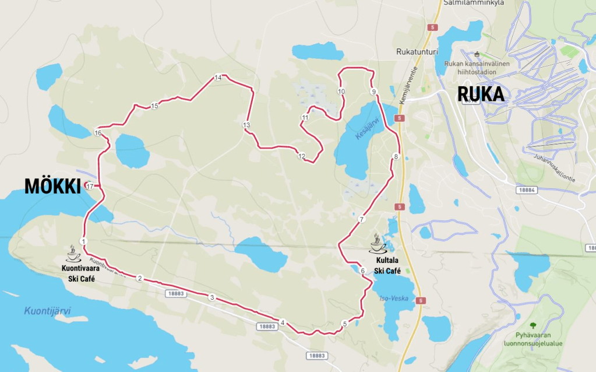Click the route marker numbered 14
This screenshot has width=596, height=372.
click(x=218, y=77)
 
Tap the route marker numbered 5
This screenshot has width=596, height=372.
click(x=344, y=324)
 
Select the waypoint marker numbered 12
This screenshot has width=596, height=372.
click(x=301, y=156)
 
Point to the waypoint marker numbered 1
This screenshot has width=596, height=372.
click(x=84, y=241)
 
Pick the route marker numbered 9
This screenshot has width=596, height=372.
click(x=373, y=92)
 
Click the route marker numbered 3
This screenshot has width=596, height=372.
click(x=212, y=297)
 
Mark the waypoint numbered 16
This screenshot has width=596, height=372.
click(x=97, y=133)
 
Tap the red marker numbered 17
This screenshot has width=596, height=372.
click(x=89, y=185)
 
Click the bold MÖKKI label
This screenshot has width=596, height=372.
click(x=52, y=186)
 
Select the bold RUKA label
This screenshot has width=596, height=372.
click(x=481, y=94)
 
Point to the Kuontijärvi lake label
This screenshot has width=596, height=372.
click(x=47, y=311)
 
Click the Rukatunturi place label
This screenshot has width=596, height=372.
click(x=417, y=51)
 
